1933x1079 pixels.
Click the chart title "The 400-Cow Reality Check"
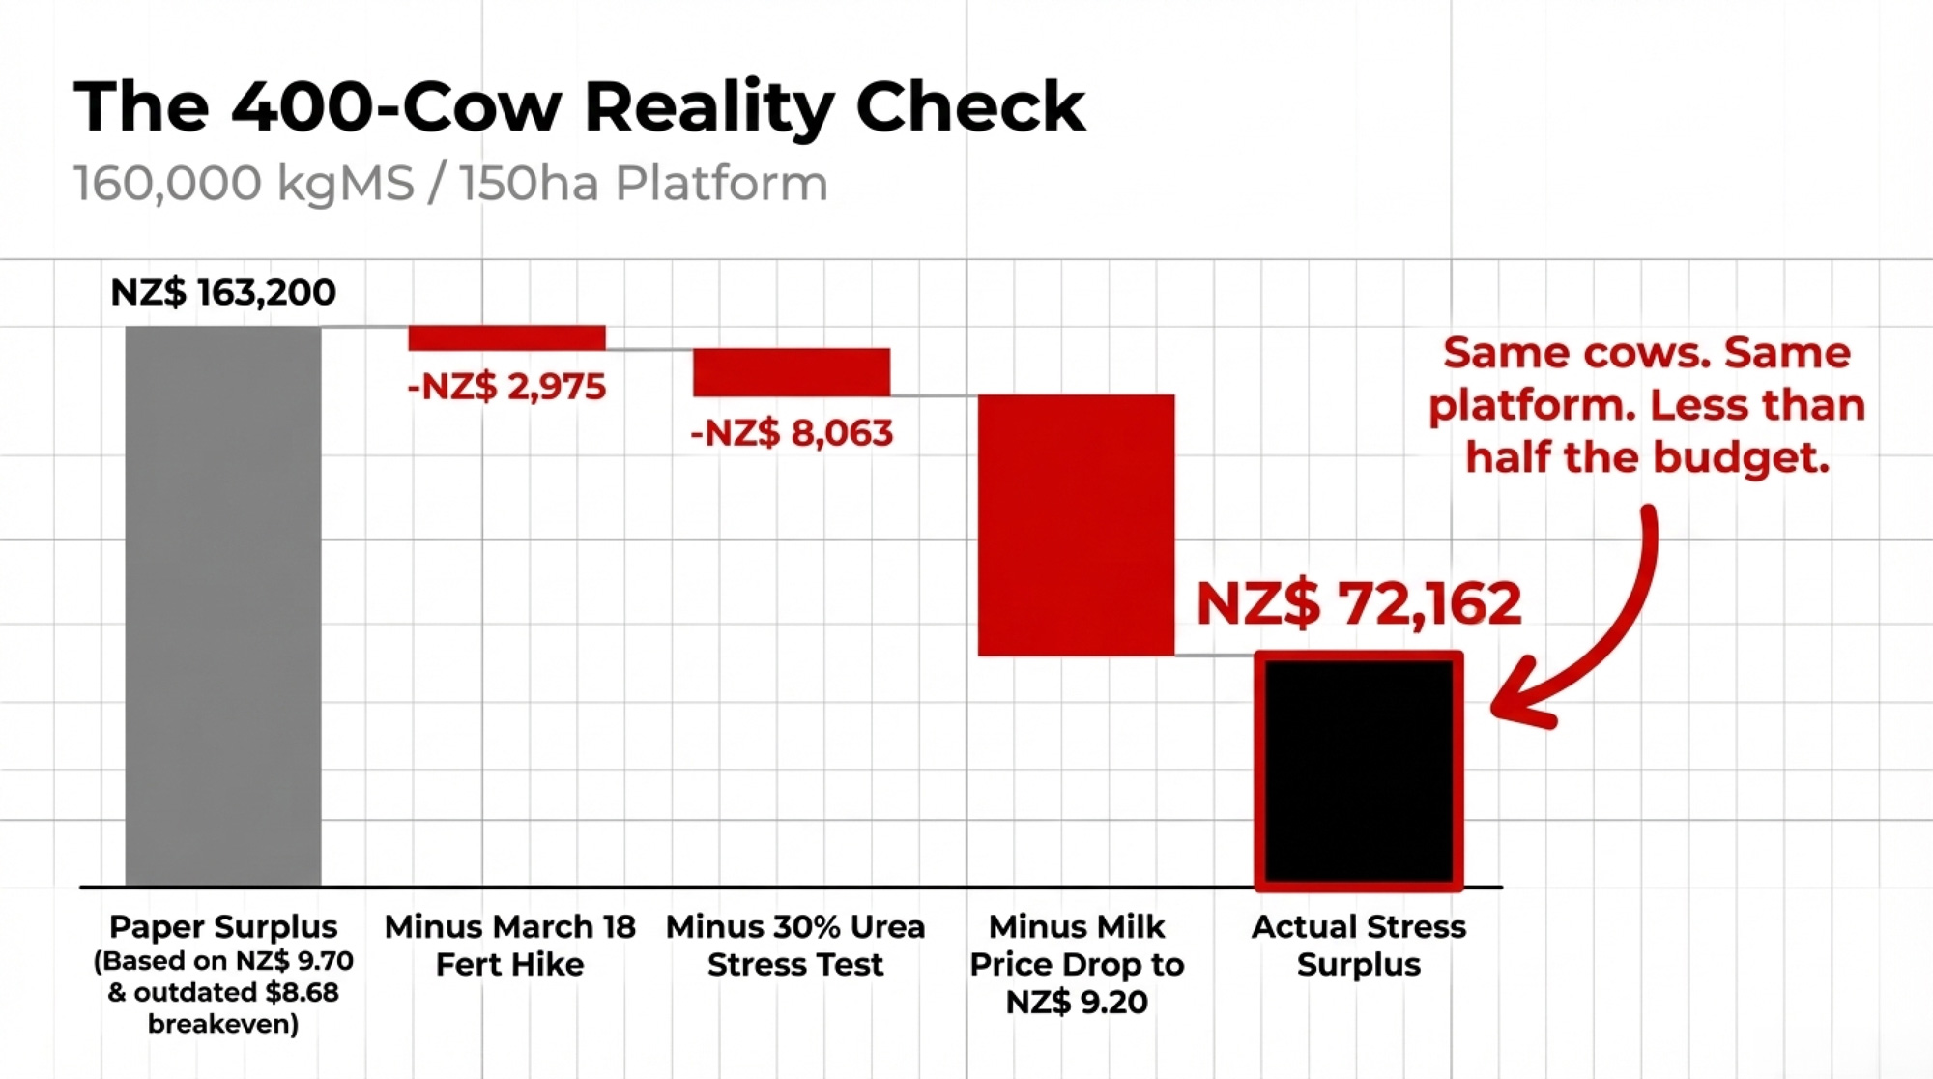coord(580,106)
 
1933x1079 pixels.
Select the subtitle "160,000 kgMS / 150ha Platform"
coord(450,183)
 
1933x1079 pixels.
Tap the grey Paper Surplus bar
coord(223,605)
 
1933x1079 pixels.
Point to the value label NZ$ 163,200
coord(223,292)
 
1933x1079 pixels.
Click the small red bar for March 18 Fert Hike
coord(506,337)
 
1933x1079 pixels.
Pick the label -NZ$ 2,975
coord(506,387)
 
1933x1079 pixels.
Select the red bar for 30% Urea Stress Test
coord(791,372)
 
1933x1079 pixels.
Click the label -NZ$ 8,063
coord(791,432)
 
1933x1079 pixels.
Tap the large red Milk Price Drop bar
coord(1076,525)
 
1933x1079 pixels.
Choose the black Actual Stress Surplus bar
coord(1358,771)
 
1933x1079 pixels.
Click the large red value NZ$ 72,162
coord(1358,603)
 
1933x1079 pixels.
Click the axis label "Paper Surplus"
coord(223,926)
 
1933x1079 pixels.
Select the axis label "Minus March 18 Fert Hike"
coord(509,945)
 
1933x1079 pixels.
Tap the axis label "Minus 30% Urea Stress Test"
coord(794,945)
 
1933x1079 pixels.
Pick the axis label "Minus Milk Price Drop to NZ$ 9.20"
coord(1076,964)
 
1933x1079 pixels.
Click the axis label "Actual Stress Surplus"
coord(1358,945)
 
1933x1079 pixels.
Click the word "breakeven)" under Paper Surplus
coord(223,1024)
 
